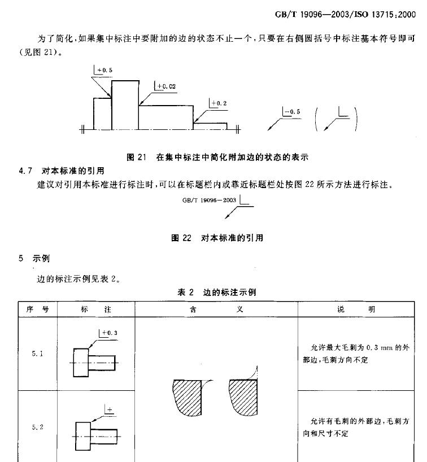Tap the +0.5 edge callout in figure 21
104,70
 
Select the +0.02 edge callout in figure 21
165,86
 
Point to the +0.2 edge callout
218,103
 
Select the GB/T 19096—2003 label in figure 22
209,200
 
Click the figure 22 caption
217,238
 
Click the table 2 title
217,292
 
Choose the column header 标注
96,310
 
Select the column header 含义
216,310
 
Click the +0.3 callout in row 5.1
108,333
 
